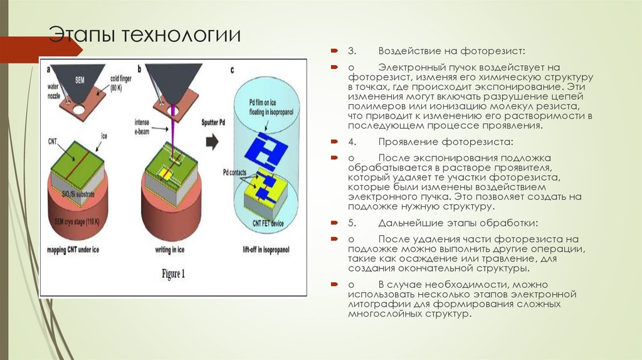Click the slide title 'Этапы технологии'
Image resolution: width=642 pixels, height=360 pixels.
click(x=145, y=35)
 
